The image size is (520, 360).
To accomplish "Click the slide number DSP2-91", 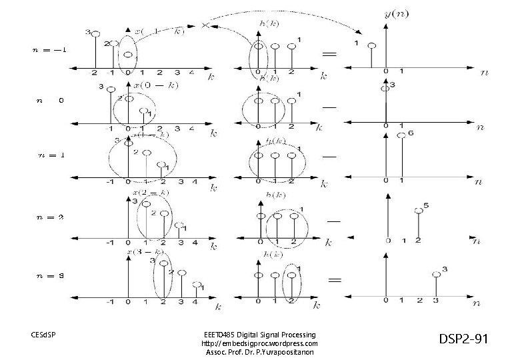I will pyautogui.click(x=464, y=339).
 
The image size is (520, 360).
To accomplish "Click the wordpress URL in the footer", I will pyautogui.click(x=259, y=343).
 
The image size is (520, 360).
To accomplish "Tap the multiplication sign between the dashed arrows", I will pyautogui.click(x=205, y=25).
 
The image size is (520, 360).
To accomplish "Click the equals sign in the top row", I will pyautogui.click(x=329, y=53).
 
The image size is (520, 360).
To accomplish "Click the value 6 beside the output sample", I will pyautogui.click(x=411, y=133).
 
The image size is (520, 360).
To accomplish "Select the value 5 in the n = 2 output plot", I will pyautogui.click(x=426, y=205).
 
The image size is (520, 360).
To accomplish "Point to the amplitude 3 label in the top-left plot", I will pyautogui.click(x=87, y=32).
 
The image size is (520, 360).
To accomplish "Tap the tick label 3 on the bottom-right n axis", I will pyautogui.click(x=435, y=301).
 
